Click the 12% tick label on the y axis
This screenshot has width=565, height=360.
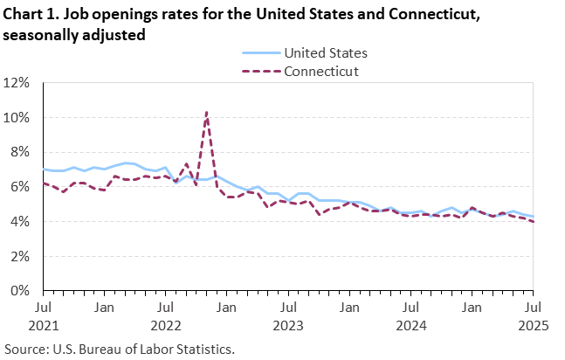tap(17, 83)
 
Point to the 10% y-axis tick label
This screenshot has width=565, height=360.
tap(17, 117)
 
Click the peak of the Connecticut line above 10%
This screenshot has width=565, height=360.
tap(206, 112)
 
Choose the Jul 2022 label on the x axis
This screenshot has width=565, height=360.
tap(165, 315)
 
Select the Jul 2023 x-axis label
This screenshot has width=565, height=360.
tap(288, 315)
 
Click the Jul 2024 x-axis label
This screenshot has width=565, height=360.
tap(411, 315)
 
